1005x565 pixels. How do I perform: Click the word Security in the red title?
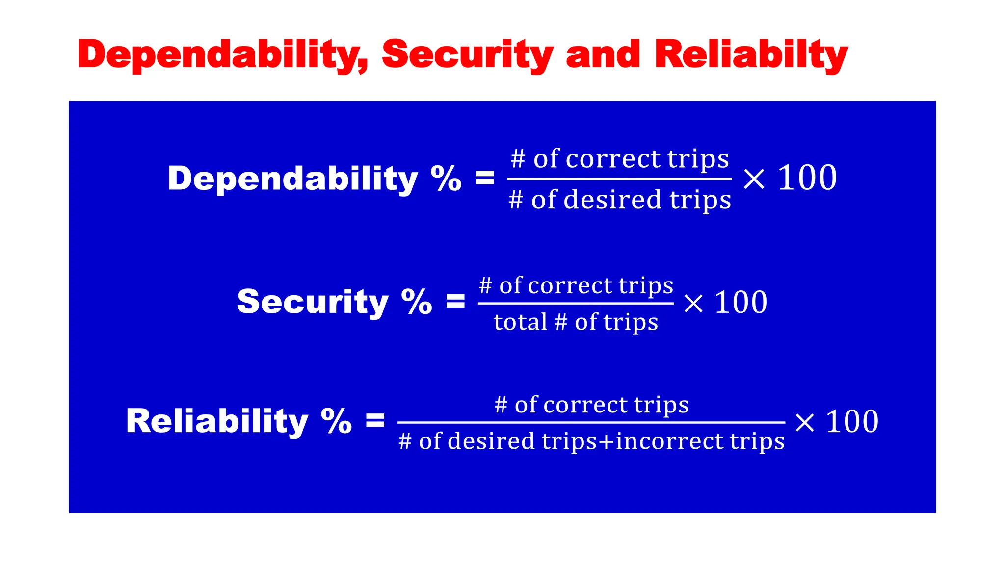[x=467, y=55]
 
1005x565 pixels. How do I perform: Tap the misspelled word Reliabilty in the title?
[x=751, y=55]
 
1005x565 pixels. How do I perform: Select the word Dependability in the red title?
[x=223, y=55]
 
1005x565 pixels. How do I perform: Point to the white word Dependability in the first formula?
[x=292, y=179]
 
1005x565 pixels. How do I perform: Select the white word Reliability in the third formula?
[x=217, y=421]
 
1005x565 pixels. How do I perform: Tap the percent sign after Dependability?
[x=446, y=179]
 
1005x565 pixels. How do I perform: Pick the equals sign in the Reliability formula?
[x=375, y=420]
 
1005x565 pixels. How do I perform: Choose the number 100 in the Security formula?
[x=741, y=302]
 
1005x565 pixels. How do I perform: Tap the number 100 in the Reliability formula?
[x=852, y=421]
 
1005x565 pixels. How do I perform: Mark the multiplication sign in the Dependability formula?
[x=754, y=179]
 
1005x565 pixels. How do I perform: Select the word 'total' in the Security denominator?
[x=520, y=322]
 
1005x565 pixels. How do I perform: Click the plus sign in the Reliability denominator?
[x=606, y=441]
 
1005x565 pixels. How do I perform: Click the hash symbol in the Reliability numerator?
[x=501, y=405]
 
